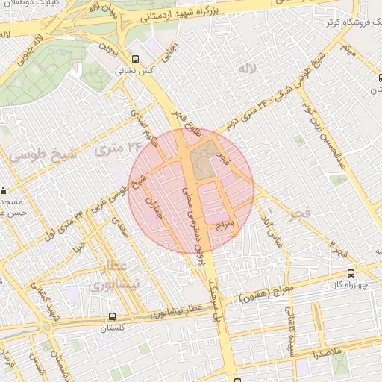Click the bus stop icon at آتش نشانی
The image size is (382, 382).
click(x=135, y=60)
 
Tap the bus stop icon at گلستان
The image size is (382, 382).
click(x=112, y=316)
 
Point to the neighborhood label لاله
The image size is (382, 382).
click(x=246, y=69)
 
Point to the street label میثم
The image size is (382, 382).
click(x=345, y=51)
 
